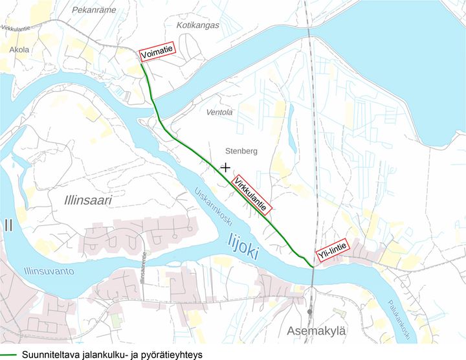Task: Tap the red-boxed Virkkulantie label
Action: [250, 195]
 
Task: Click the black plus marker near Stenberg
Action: [225, 167]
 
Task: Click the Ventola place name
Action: [219, 112]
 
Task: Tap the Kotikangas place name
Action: [198, 25]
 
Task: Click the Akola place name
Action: [19, 49]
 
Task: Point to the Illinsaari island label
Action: [88, 201]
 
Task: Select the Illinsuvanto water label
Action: [48, 270]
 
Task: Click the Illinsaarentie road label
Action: [143, 266]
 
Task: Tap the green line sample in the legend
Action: [8, 354]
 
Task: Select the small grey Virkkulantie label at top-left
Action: [20, 28]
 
